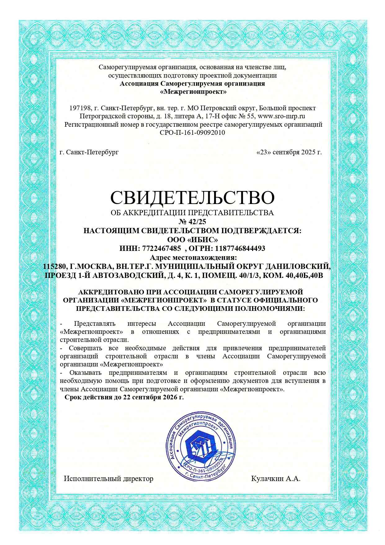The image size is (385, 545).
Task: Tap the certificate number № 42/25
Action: click(x=192, y=222)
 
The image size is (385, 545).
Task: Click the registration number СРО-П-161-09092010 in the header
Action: click(x=192, y=133)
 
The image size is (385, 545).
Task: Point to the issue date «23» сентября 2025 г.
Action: click(x=289, y=152)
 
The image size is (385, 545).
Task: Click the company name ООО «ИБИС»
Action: click(x=192, y=239)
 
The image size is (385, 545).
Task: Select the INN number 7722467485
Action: click(x=161, y=248)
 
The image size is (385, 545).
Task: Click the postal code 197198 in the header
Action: click(x=80, y=108)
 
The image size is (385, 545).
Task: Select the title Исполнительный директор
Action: click(x=109, y=479)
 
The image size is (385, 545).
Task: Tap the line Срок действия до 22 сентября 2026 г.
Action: click(x=124, y=397)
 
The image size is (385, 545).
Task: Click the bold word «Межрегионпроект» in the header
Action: click(x=193, y=92)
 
